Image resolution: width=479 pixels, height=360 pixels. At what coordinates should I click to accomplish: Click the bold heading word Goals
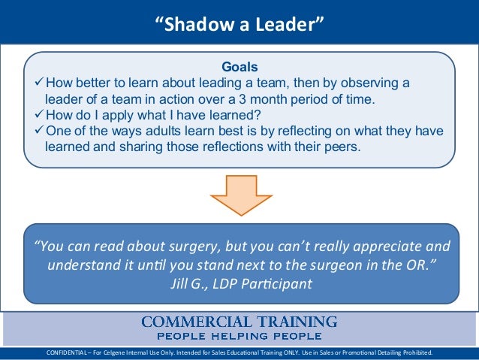point(239,66)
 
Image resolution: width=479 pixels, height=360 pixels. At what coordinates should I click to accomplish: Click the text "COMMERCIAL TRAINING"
point(239,322)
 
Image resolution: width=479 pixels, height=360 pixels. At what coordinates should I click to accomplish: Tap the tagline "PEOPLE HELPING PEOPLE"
point(239,336)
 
